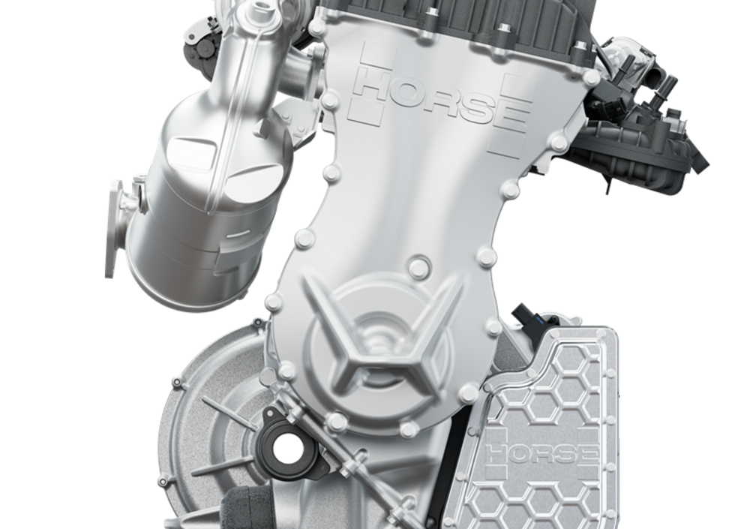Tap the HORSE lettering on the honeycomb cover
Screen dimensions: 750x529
coord(541,453)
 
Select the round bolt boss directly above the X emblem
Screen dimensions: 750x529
coord(419,266)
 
